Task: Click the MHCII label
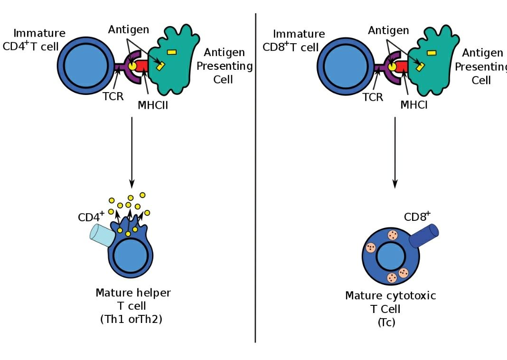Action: tap(153, 105)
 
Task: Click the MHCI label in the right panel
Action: tap(413, 104)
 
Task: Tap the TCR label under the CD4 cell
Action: tap(113, 97)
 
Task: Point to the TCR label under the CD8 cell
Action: tap(373, 97)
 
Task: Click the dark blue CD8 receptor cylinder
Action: tap(423, 236)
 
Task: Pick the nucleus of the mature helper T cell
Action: tap(129, 256)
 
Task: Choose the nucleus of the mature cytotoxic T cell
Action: tap(391, 257)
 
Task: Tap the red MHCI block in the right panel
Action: tap(402, 66)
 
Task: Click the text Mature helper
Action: tap(133, 293)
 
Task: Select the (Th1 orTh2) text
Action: tap(131, 319)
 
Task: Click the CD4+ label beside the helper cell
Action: tap(91, 217)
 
